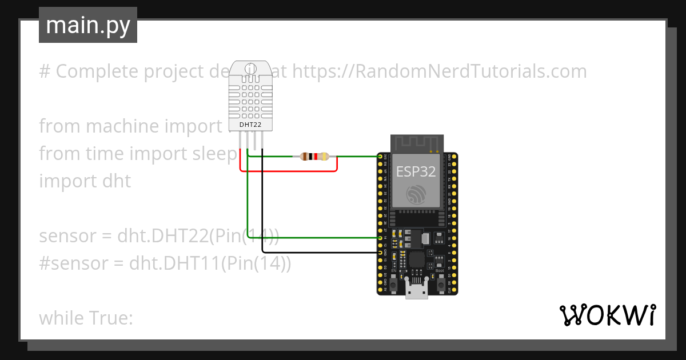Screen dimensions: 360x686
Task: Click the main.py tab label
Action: tap(87, 25)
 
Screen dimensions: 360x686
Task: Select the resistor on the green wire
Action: tap(314, 156)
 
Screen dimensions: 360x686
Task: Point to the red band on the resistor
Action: tap(316, 156)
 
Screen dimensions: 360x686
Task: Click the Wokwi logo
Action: tap(607, 315)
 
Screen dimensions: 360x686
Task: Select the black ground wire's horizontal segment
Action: tap(320, 252)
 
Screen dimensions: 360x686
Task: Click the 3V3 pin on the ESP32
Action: tap(381, 156)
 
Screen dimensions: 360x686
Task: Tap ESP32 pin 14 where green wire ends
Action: tap(381, 237)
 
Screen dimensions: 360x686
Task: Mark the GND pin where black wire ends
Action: tap(381, 252)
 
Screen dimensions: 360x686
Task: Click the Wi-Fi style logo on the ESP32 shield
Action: tap(416, 195)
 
